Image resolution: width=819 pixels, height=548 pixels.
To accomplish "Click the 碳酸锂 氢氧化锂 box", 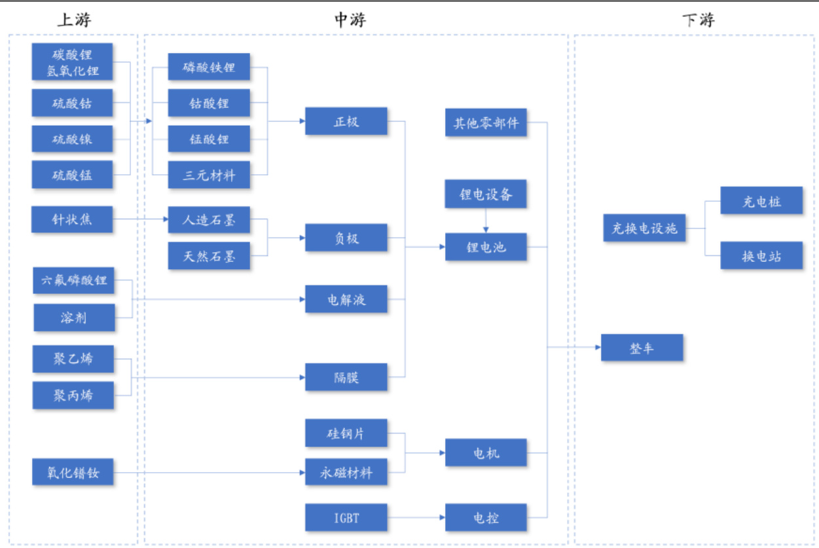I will pos(72,62).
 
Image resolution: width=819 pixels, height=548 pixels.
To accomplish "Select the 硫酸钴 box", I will pos(72,103).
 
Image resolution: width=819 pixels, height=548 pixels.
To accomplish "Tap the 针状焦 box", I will pos(72,219).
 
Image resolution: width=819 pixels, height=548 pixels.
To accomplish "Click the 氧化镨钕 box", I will pos(72,472).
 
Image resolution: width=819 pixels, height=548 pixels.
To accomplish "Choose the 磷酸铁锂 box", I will pos(209,67).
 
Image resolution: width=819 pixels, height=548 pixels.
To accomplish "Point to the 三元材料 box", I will pos(209,175).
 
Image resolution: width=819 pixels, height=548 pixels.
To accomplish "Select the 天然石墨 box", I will pos(209,256).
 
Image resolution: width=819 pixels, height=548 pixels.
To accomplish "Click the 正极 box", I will pos(346,121).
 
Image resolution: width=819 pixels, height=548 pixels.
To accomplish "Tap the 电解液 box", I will pos(346,299).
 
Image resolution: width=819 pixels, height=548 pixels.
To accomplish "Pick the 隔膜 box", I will pos(346,377).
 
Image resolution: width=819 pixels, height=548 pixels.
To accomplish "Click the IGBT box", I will pos(346,518).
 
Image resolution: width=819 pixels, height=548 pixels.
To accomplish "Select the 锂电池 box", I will pos(486,247).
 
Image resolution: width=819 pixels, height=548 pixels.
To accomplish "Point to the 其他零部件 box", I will pos(486,122).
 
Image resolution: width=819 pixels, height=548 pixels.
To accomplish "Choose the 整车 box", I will pos(642,348).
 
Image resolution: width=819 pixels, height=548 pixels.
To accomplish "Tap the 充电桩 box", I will pos(761,200).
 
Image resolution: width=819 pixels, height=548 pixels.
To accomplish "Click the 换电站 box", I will pos(761,255).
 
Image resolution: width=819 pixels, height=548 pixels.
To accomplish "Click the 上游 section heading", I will pos(73,20).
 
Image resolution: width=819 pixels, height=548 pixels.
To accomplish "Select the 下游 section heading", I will pos(698,20).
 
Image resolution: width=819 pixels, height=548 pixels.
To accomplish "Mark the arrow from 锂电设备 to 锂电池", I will pos(486,221).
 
